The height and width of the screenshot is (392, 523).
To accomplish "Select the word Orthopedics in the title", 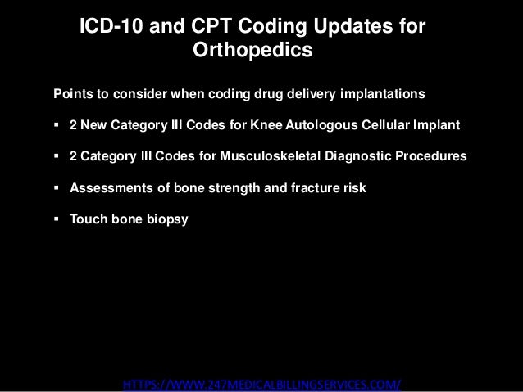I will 252,52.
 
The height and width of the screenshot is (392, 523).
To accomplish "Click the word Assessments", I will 111,187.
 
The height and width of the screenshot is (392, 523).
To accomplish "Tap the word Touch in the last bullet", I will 88,219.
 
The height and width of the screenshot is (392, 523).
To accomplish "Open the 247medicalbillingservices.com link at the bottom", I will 261,385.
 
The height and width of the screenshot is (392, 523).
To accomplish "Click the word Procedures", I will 431,156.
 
